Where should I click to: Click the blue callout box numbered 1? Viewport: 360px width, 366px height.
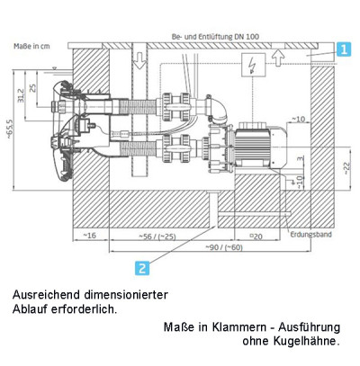point(344,52)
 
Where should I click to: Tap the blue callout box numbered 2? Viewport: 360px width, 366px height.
point(141,266)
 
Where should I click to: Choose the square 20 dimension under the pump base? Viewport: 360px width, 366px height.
point(256,237)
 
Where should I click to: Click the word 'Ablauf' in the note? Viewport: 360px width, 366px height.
point(33,309)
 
